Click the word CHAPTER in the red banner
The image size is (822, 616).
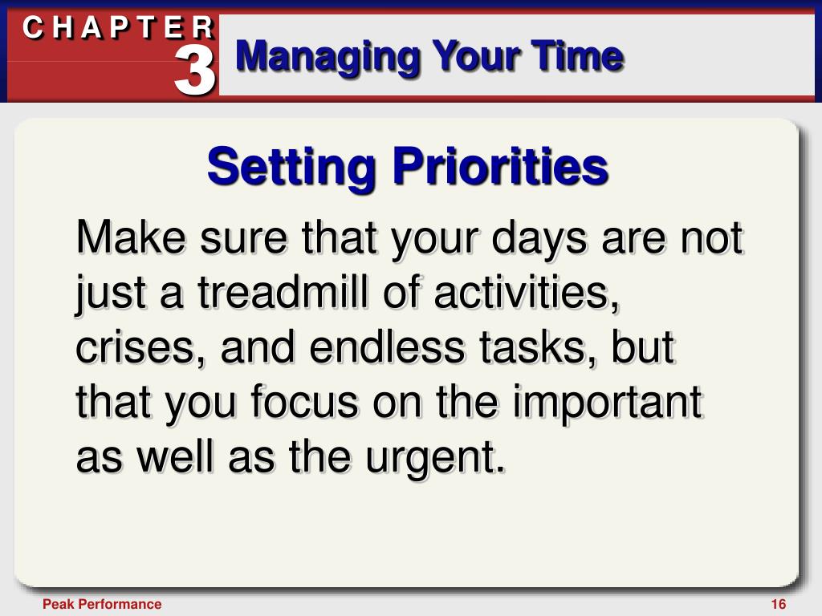pyautogui.click(x=119, y=28)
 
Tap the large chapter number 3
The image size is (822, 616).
pyautogui.click(x=194, y=71)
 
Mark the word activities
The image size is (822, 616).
pyautogui.click(x=526, y=293)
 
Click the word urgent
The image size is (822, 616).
pyautogui.click(x=435, y=458)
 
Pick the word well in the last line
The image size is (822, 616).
pyautogui.click(x=175, y=456)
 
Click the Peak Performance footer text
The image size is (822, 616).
pyautogui.click(x=102, y=604)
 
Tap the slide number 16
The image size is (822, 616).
pyautogui.click(x=779, y=604)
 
